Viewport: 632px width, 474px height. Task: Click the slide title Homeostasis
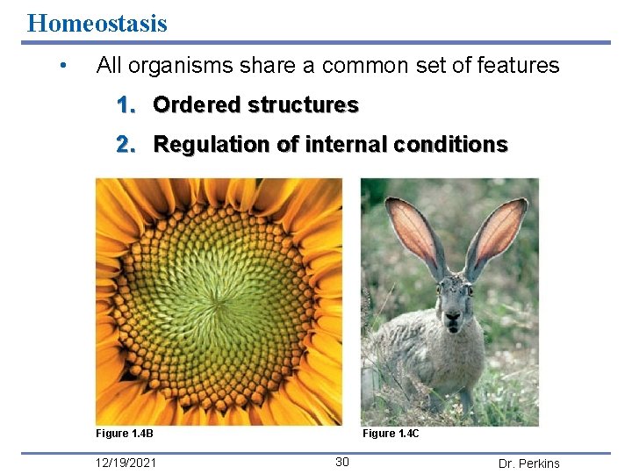pos(97,22)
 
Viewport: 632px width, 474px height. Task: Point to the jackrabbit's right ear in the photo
pos(499,233)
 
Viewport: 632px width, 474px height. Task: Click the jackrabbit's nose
pos(453,318)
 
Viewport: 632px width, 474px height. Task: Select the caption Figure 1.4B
pos(125,434)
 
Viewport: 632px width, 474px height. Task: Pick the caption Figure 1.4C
pos(391,434)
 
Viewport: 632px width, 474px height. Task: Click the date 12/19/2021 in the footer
pos(128,463)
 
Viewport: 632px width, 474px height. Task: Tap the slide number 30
pos(342,463)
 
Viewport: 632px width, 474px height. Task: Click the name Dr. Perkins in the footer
pos(528,463)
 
